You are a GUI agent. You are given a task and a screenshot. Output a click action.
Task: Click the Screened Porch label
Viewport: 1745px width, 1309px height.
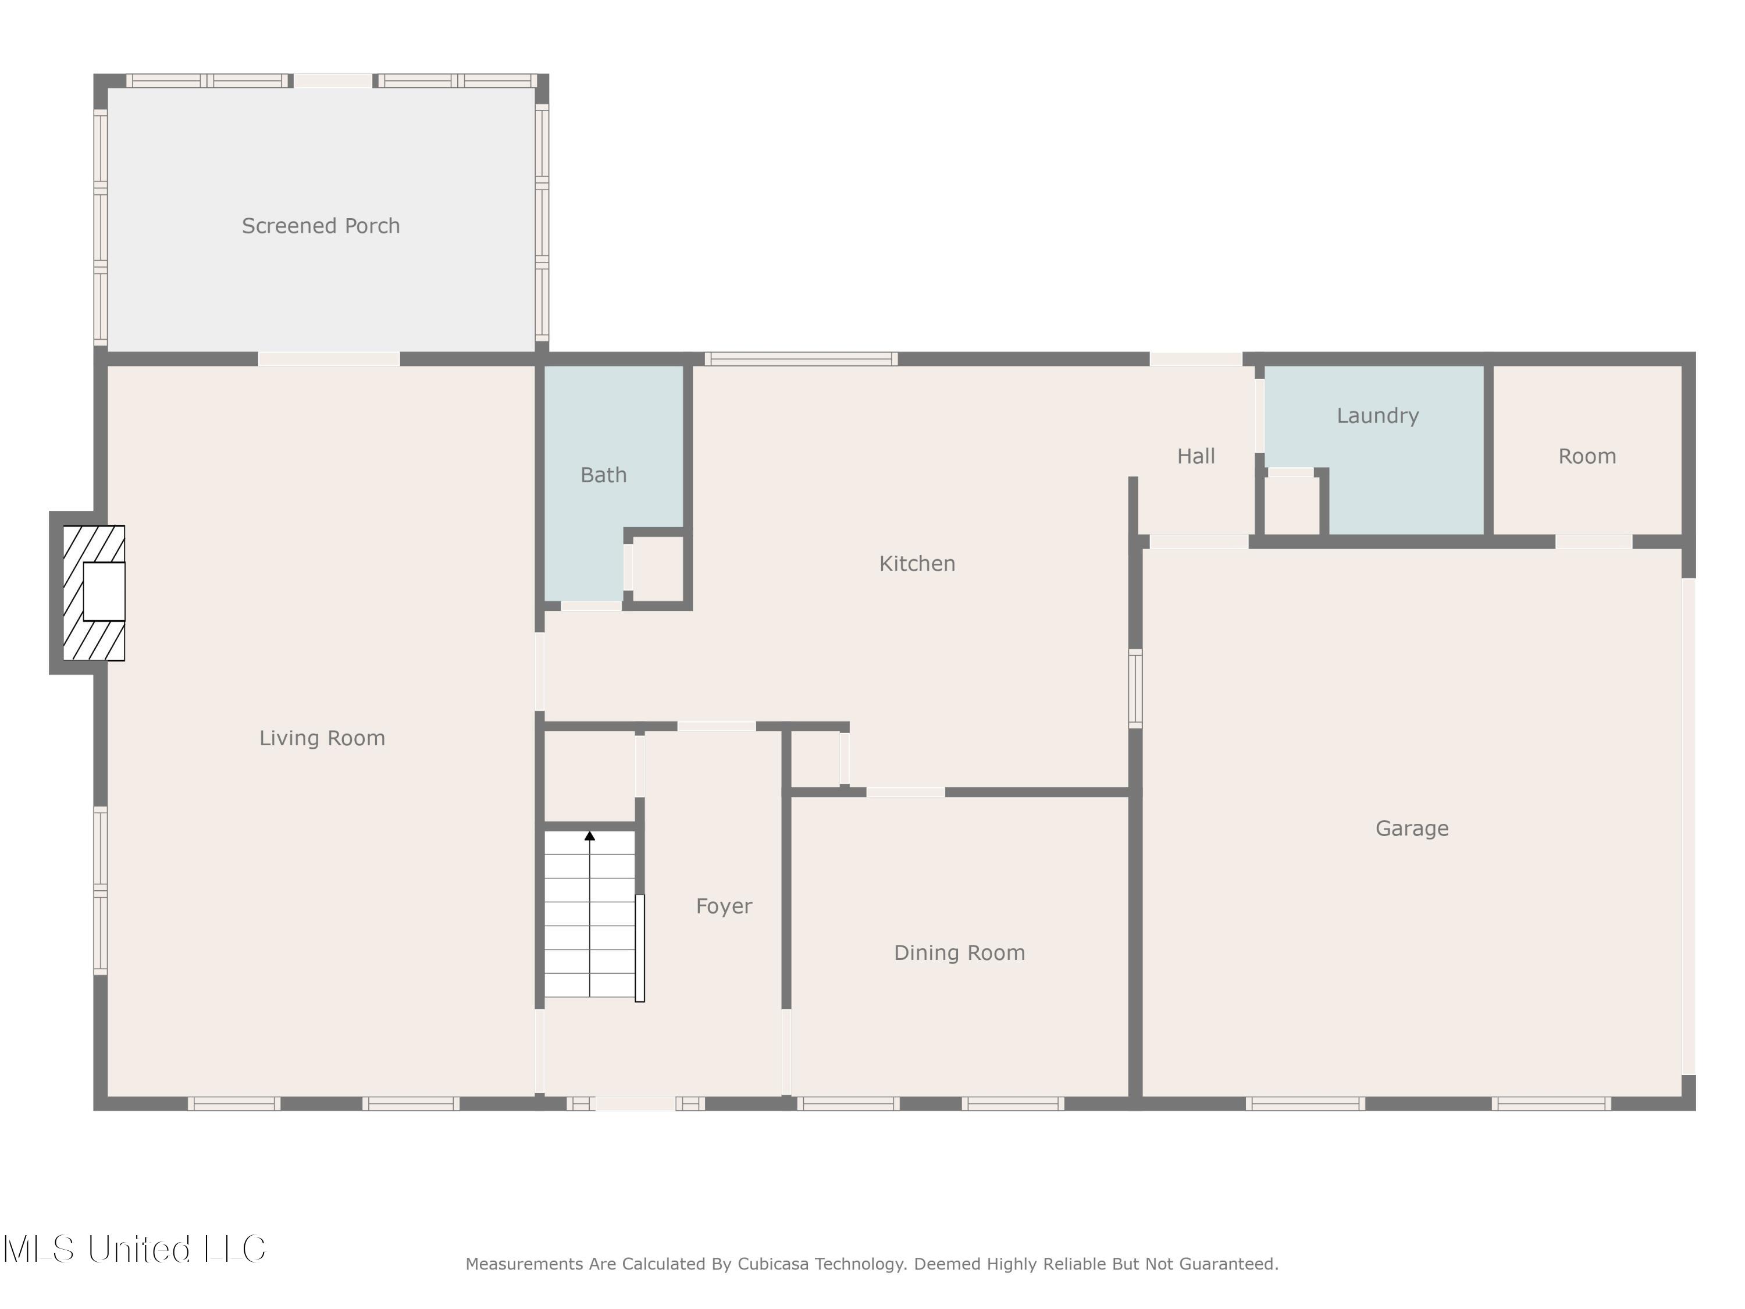[320, 226]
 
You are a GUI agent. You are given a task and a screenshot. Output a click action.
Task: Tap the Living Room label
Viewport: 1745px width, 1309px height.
[322, 738]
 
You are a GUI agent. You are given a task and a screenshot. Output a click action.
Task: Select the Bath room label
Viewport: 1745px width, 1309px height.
[604, 475]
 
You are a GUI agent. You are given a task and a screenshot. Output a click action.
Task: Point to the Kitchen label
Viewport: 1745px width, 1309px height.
[917, 563]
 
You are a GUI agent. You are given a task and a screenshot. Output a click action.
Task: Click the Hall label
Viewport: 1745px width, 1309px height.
[1195, 456]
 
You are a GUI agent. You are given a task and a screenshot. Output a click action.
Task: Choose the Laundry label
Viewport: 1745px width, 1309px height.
[1377, 416]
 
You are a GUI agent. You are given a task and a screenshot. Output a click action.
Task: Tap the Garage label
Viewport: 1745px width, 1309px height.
[1411, 828]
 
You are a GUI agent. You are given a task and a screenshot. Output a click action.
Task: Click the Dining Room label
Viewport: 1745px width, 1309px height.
[959, 952]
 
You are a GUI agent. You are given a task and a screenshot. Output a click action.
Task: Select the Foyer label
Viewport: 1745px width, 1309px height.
[724, 906]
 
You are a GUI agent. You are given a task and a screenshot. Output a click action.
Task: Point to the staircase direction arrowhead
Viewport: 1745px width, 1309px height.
[589, 835]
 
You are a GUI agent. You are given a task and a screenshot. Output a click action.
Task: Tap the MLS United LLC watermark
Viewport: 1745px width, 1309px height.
[134, 1249]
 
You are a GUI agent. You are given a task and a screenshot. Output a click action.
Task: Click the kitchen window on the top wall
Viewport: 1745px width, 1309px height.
[801, 359]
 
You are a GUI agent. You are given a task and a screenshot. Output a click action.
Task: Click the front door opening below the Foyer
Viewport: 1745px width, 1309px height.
[635, 1103]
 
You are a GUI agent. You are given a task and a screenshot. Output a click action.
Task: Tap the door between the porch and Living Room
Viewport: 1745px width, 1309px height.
[329, 359]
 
